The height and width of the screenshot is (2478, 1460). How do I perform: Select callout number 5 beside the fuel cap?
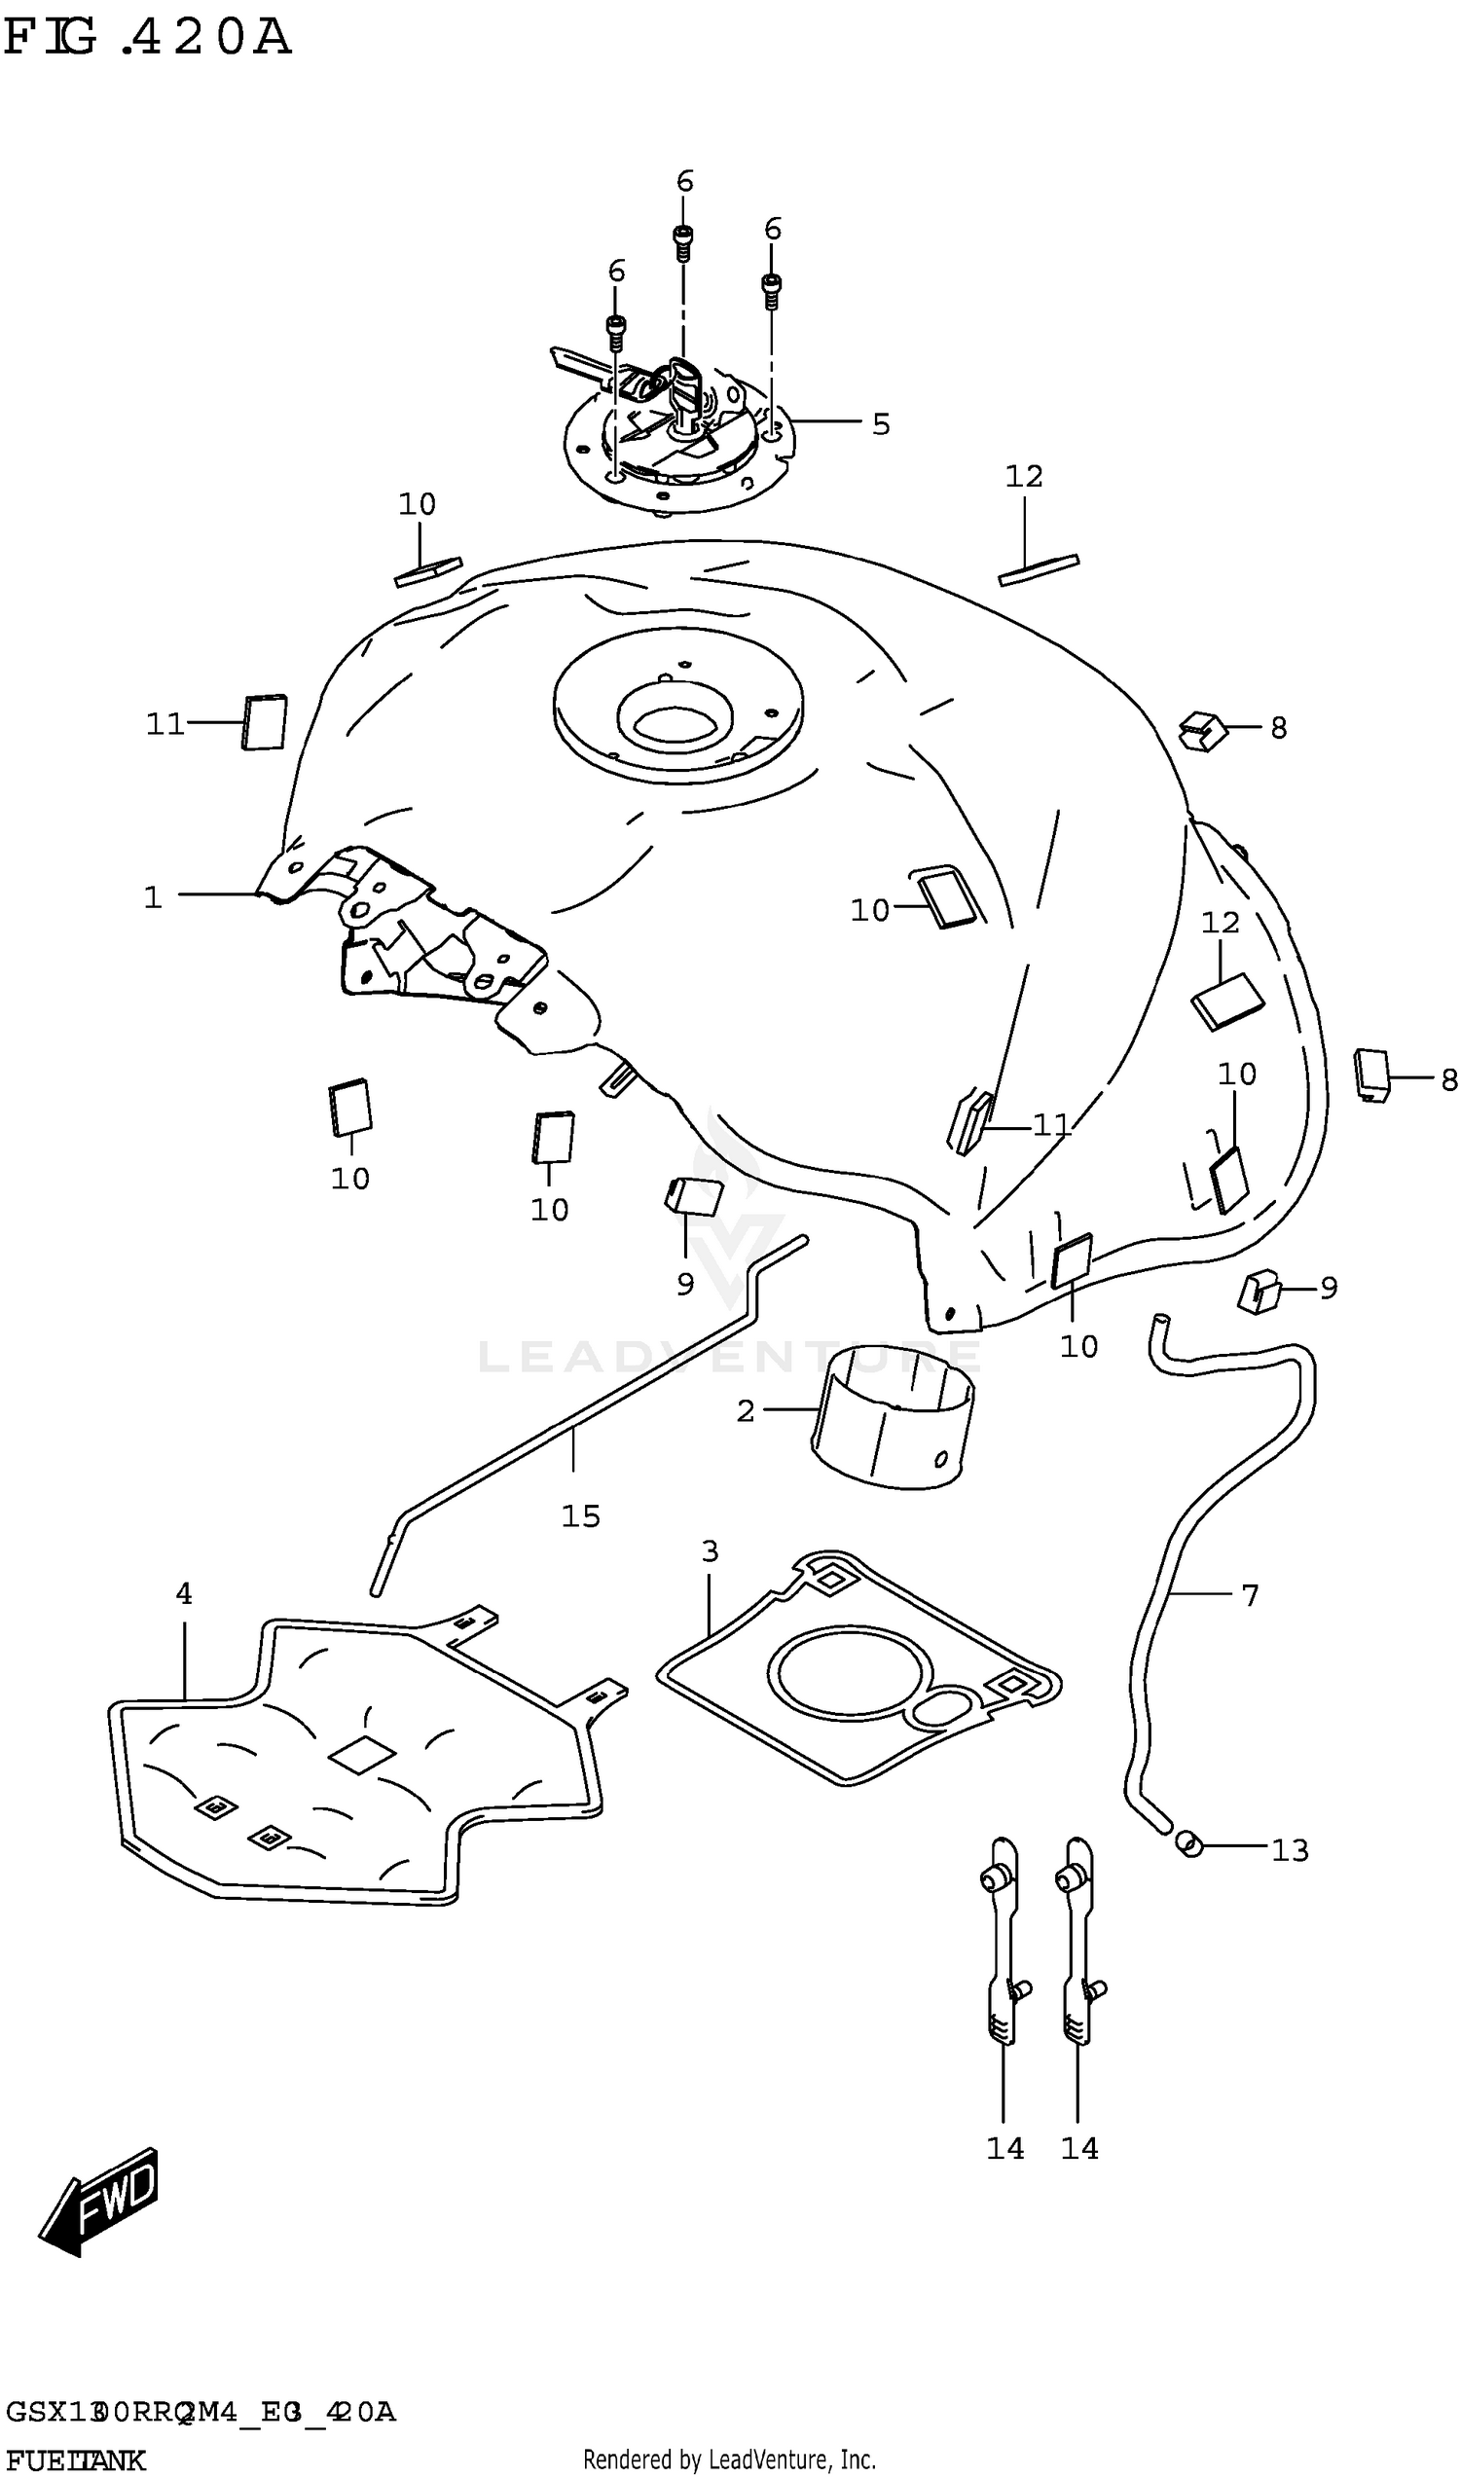tap(881, 424)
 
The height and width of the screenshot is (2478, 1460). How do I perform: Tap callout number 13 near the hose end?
tap(1290, 1851)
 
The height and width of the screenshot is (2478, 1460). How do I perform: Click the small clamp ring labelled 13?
tap(1189, 1843)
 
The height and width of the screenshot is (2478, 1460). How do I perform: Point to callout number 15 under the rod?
tap(580, 1516)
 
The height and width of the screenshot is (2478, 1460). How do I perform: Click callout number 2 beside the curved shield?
tap(746, 1411)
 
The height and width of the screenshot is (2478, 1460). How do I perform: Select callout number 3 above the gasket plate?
tap(711, 1551)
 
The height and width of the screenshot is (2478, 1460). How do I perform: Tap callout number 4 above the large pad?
tap(184, 1593)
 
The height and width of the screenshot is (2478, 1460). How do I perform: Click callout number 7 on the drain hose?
tap(1250, 1594)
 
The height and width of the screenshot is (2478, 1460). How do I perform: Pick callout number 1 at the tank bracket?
tap(153, 897)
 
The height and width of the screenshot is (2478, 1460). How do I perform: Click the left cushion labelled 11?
tap(264, 722)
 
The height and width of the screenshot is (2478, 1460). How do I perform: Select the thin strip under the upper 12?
tap(1039, 569)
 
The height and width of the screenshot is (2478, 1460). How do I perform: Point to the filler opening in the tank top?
tap(675, 723)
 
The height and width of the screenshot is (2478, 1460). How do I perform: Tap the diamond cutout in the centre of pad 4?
tap(361, 1754)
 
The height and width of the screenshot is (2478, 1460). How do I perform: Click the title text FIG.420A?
tap(148, 37)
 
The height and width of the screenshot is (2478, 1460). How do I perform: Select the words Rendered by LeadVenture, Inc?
tap(729, 2460)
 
